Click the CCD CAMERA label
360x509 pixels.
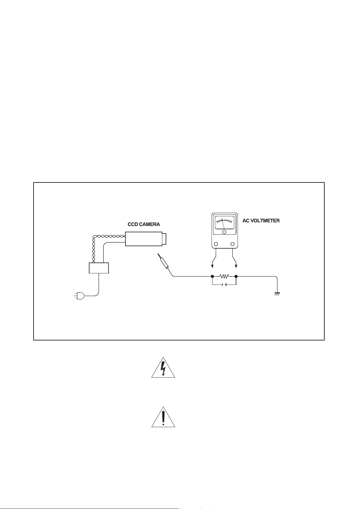144,224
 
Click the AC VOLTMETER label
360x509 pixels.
261,221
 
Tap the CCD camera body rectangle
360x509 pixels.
144,239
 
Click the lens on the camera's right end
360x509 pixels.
164,239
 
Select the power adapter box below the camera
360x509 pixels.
99,268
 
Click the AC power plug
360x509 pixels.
79,296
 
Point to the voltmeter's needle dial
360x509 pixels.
225,222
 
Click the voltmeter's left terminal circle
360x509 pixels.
216,244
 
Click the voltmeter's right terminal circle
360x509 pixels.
232,244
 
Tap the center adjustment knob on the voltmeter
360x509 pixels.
224,232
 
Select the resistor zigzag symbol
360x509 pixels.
224,276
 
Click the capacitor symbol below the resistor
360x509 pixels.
224,285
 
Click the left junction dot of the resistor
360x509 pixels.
212,276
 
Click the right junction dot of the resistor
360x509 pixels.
236,276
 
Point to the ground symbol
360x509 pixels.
277,294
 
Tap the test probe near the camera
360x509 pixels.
164,262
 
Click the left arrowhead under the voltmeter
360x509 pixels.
212,266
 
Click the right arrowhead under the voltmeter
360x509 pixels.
236,266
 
